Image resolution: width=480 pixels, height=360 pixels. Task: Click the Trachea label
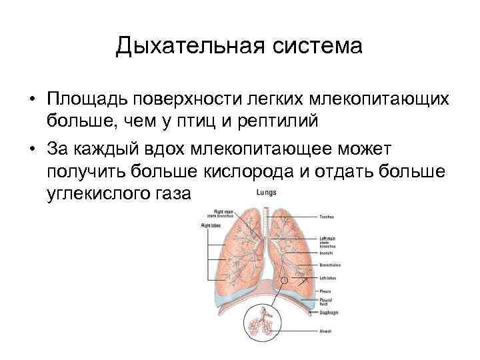tap(327, 216)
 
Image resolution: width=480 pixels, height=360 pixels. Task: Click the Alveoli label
tap(325, 331)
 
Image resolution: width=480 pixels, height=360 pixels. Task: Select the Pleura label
tap(325, 291)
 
